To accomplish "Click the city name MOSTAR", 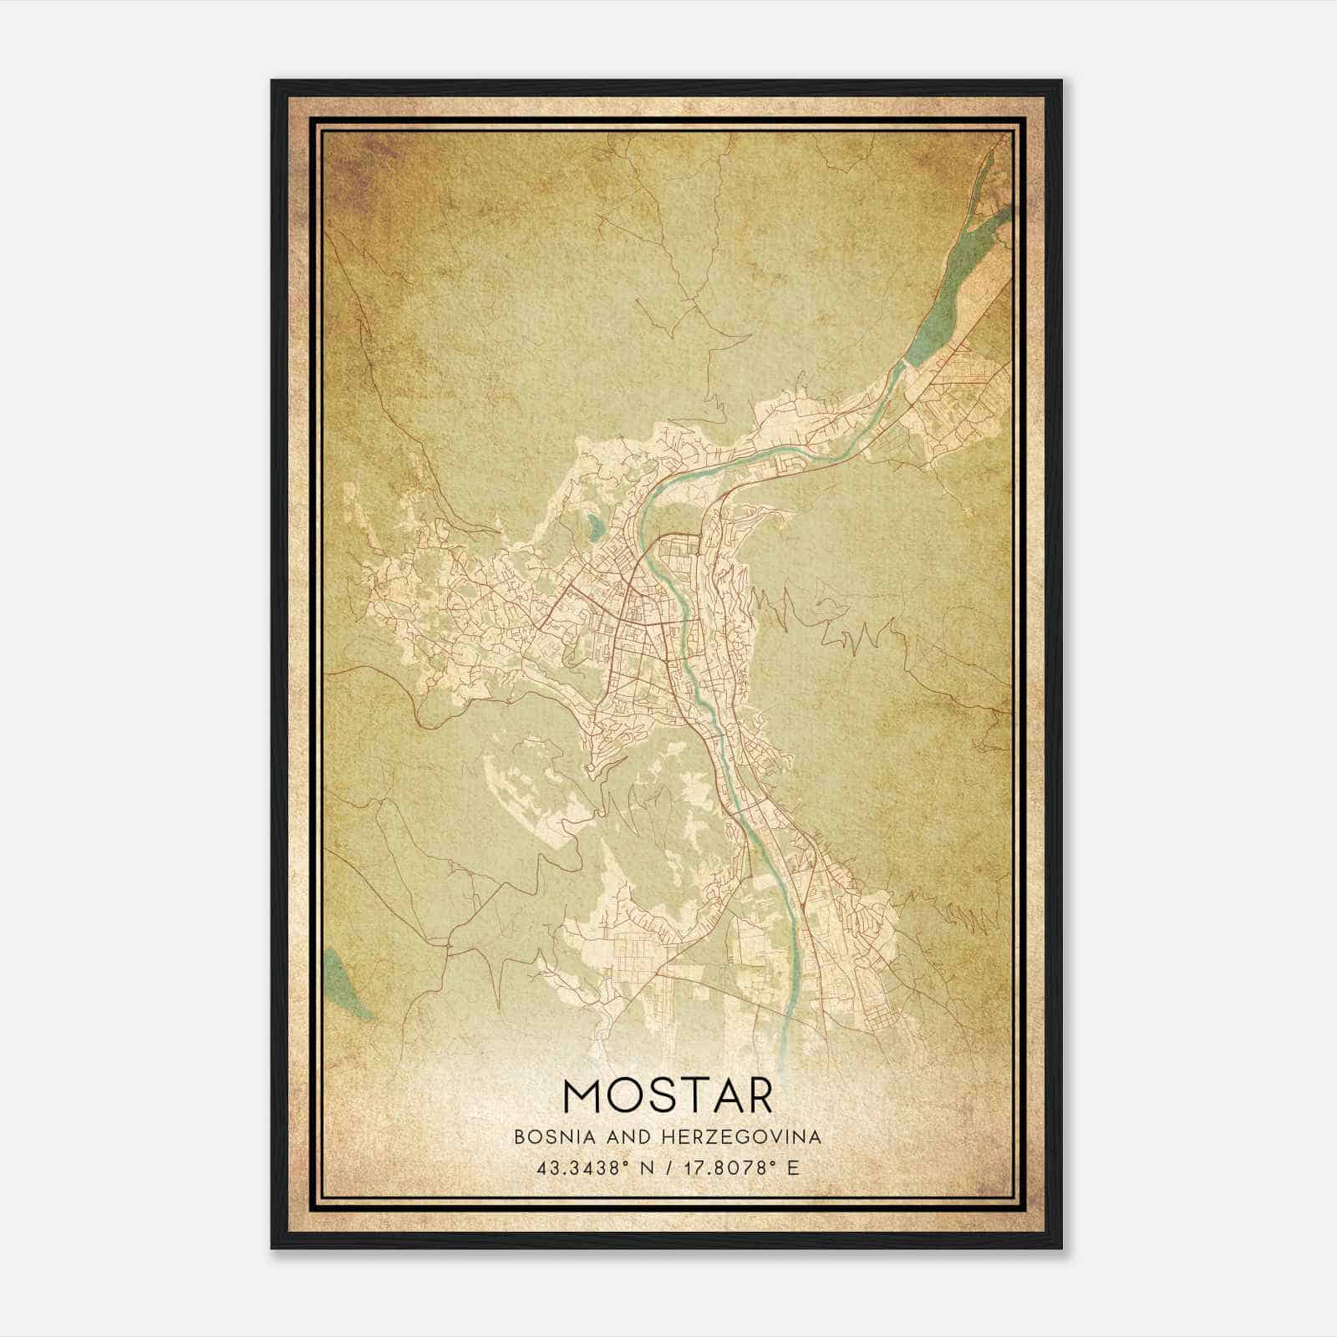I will pyautogui.click(x=668, y=1096).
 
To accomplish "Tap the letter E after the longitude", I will pyautogui.click(x=793, y=1167).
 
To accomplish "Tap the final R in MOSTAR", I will pyautogui.click(x=757, y=1096).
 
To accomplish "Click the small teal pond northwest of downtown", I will pyautogui.click(x=593, y=526).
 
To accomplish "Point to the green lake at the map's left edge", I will pyautogui.click(x=343, y=982).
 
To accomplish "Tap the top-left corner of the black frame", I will pyautogui.click(x=273, y=82).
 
